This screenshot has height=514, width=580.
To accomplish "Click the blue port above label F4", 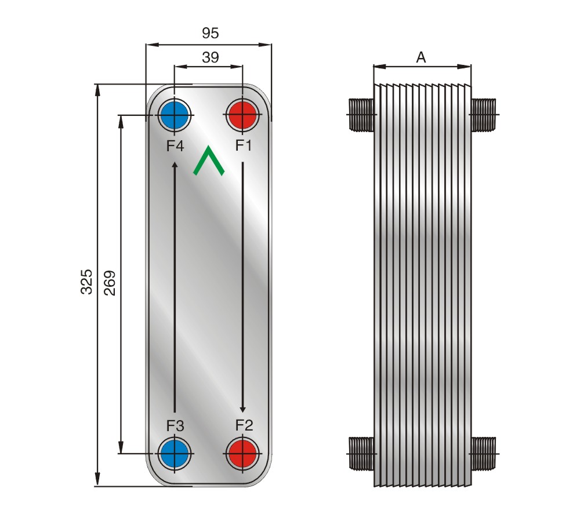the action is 174,115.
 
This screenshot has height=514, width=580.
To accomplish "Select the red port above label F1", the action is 242,115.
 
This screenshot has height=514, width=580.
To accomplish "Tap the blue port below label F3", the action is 175,453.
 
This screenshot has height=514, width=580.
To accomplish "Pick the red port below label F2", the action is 242,453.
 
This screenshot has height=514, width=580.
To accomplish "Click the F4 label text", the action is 175,147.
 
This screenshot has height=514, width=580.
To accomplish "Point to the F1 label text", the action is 244,145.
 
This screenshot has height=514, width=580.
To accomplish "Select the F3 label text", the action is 175,426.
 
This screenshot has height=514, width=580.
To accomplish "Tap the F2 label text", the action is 244,425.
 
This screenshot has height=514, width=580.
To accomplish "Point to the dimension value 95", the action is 211,33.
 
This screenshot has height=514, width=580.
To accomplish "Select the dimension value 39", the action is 211,57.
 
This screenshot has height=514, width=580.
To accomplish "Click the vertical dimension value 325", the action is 86,282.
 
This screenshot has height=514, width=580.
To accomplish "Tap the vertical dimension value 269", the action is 110,283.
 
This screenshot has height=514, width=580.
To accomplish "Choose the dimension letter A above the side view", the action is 421,57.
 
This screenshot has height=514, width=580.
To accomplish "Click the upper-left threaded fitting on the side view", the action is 361,115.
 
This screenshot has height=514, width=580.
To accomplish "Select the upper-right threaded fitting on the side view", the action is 483,115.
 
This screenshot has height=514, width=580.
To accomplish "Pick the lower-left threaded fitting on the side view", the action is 361,453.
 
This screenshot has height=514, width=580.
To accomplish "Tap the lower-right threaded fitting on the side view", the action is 483,453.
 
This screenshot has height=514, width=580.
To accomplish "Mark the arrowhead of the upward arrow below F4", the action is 175,165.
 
